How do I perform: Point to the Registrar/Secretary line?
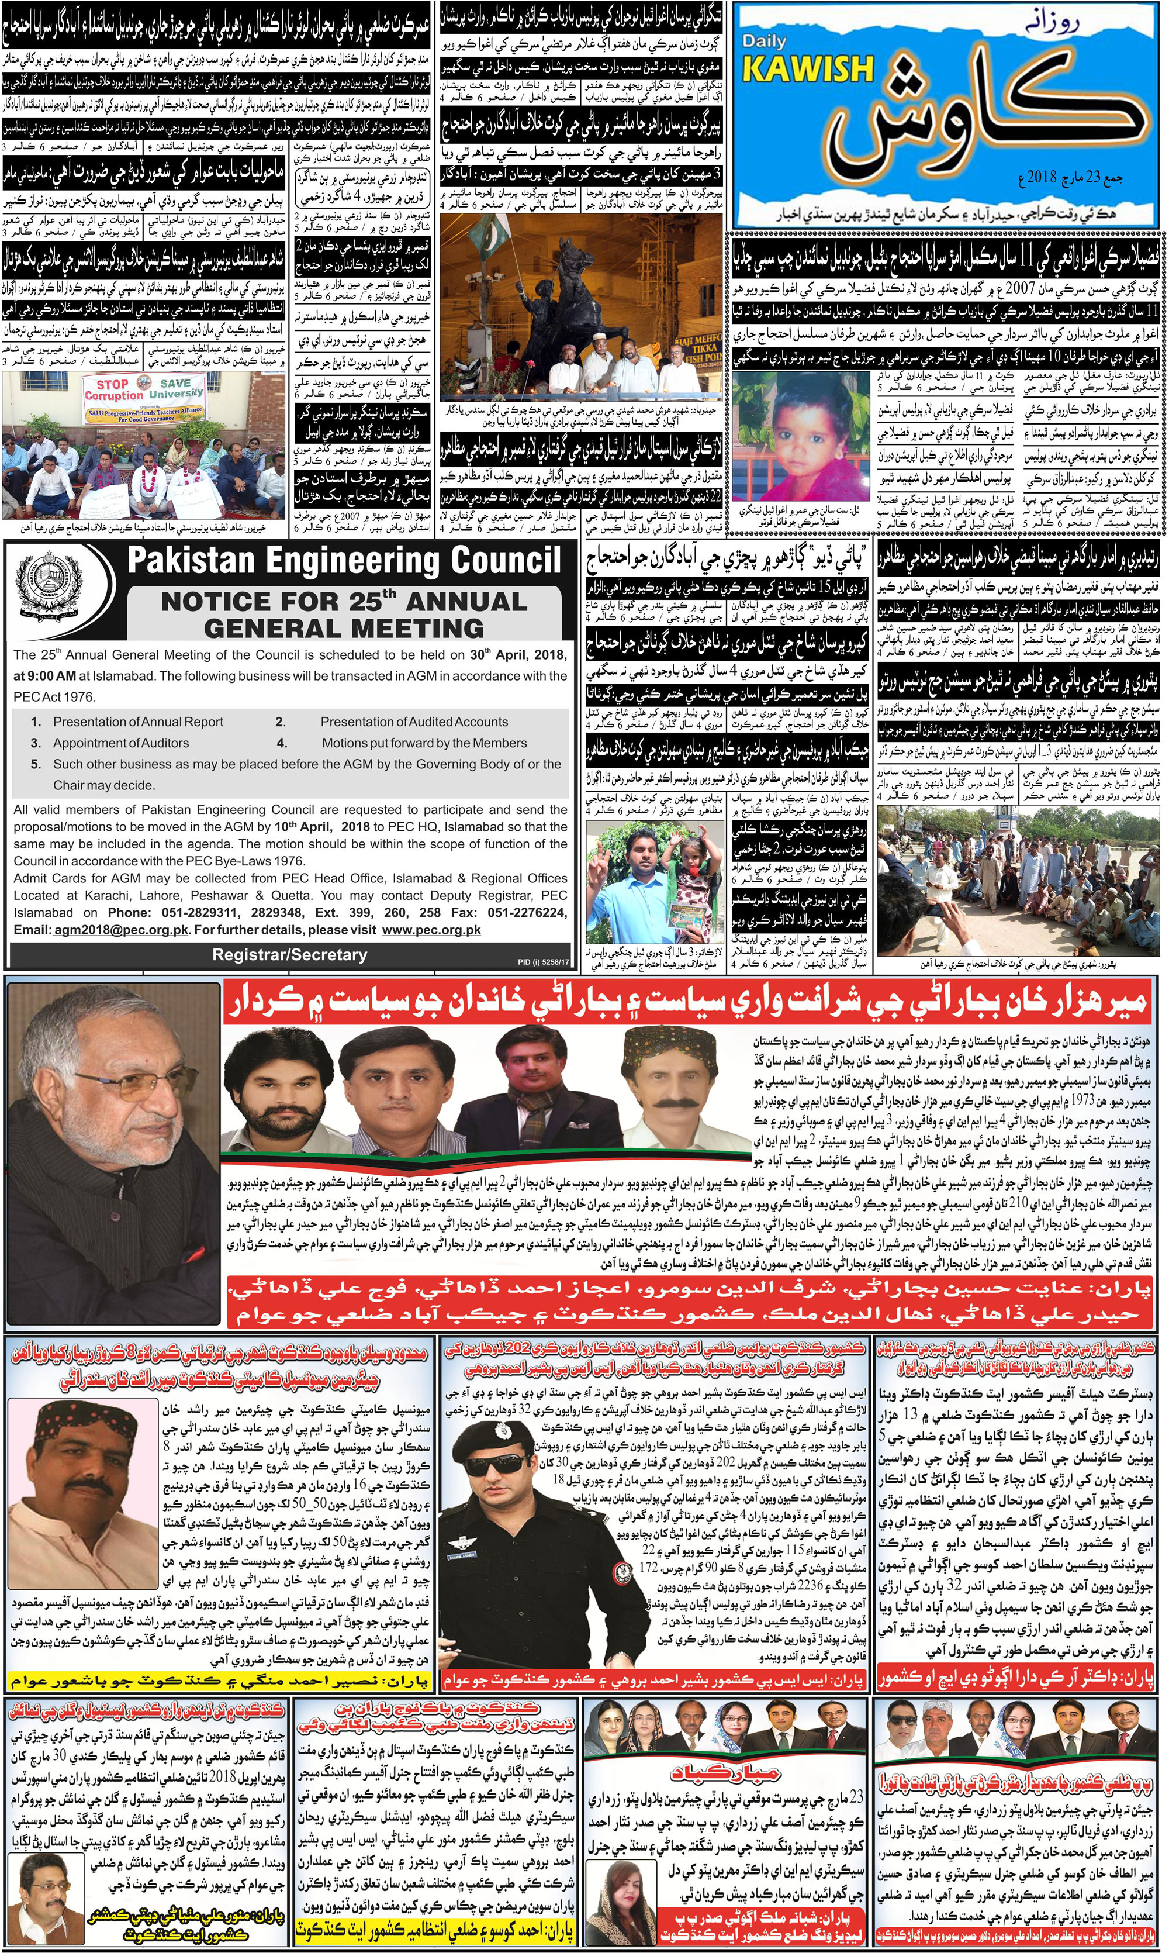pos(289,955)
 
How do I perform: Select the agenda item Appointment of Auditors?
pos(120,743)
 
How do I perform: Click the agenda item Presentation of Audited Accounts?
pos(414,722)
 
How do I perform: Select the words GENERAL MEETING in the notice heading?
pos(344,628)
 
